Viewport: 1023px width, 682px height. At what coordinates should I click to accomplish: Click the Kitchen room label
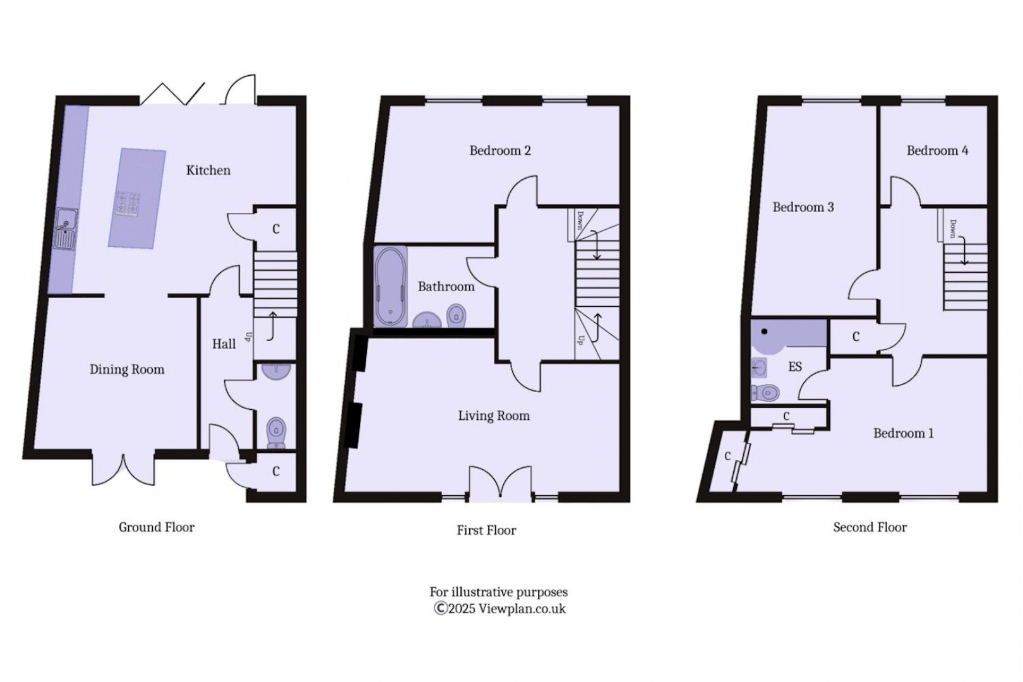(x=208, y=170)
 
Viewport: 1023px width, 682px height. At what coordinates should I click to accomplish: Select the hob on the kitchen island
(x=128, y=205)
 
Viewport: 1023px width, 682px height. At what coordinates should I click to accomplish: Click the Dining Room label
(x=126, y=369)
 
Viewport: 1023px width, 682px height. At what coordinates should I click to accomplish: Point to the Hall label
(x=224, y=344)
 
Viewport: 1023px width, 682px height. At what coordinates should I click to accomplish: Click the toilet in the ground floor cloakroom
(x=276, y=432)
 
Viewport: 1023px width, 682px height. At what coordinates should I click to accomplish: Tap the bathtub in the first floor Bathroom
(x=390, y=286)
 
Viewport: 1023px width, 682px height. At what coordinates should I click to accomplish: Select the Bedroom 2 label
(x=500, y=150)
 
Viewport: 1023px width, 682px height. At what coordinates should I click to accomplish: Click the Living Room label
(x=493, y=416)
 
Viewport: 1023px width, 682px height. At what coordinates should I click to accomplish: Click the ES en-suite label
(x=794, y=366)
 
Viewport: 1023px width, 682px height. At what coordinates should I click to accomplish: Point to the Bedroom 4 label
(x=937, y=150)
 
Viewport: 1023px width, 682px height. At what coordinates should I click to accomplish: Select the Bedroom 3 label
(x=803, y=207)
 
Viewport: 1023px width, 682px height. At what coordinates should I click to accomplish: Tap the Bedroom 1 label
(x=903, y=433)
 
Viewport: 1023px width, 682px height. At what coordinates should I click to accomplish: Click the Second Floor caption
(x=870, y=527)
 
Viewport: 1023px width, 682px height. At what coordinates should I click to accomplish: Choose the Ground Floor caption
(x=157, y=527)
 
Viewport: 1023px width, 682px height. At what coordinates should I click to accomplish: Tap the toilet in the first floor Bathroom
(x=456, y=315)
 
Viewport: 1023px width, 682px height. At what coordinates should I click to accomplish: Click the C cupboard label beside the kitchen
(x=275, y=229)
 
